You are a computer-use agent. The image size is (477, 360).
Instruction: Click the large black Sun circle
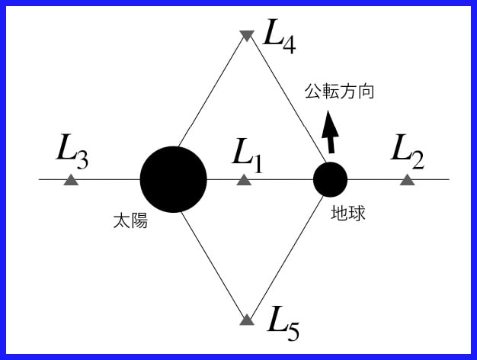173,179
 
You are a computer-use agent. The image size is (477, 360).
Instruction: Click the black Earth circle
331,179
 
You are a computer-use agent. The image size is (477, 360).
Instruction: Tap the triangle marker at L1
244,180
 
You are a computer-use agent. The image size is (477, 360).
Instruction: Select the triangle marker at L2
407,180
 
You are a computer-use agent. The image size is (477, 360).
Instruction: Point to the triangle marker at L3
70,180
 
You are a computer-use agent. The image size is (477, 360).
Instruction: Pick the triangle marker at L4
246,35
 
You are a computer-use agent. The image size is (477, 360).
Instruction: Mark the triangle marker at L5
246,320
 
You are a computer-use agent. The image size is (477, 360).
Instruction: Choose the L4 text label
278,35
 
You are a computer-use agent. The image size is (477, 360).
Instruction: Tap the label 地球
348,214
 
